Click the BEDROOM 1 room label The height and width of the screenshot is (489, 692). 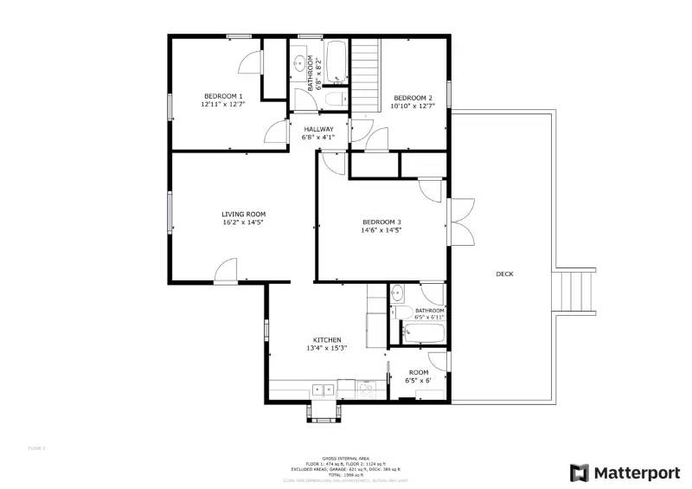coord(223,96)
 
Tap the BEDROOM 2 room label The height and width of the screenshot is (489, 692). coord(413,97)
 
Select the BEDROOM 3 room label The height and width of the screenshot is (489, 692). coord(381,222)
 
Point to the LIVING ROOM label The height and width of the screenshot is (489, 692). coord(243,214)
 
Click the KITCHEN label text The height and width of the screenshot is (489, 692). coord(327,339)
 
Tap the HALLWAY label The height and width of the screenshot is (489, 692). coord(318,129)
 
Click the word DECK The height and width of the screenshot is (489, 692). coord(504,274)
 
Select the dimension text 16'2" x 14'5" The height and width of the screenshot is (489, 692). coord(243,222)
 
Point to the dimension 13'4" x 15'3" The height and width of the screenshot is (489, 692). coord(327,348)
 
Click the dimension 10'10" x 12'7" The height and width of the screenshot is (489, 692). coord(413,106)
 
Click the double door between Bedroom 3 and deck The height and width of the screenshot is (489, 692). coord(461,222)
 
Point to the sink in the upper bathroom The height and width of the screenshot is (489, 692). coord(302,63)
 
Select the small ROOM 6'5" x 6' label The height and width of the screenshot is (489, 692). coord(419,376)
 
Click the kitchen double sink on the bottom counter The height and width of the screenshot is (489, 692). coord(324,389)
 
